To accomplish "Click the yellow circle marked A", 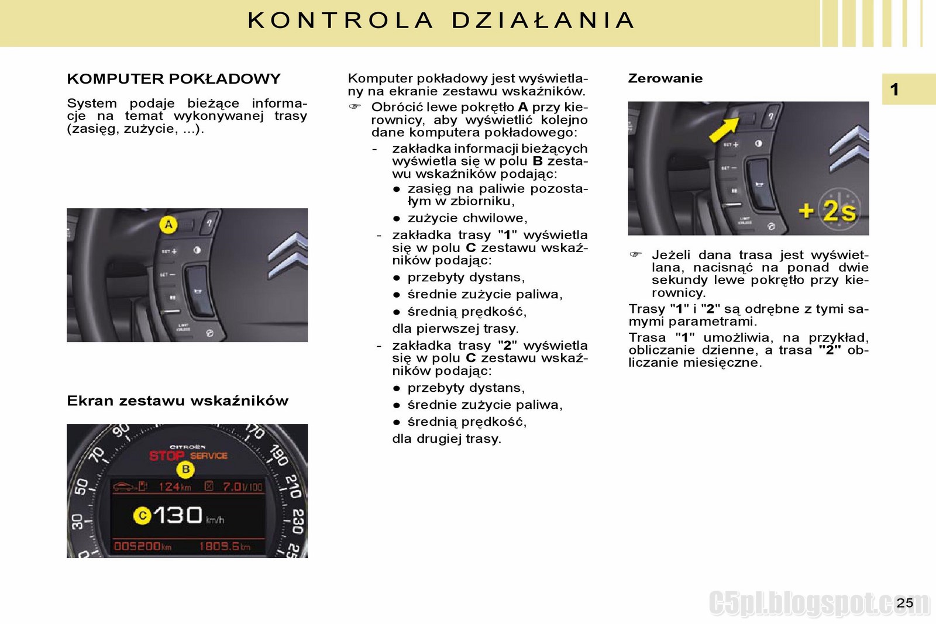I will [x=168, y=225].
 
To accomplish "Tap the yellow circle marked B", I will [x=186, y=469].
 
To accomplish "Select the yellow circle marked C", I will [x=142, y=516].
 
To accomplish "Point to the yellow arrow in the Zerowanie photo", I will [x=724, y=129].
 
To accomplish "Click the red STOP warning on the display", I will [x=167, y=456].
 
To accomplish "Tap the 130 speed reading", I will [x=178, y=515].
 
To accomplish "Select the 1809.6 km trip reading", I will [x=225, y=546].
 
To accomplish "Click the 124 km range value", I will [x=174, y=487].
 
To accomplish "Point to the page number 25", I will [x=904, y=603].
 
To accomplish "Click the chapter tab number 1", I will [x=894, y=89].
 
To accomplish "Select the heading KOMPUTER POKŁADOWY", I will [x=174, y=79].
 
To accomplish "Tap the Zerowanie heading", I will [x=665, y=78].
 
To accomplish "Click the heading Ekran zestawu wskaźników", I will [x=178, y=401].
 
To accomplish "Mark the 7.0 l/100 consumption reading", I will [x=242, y=487].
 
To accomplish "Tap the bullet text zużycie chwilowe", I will [x=467, y=218].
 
